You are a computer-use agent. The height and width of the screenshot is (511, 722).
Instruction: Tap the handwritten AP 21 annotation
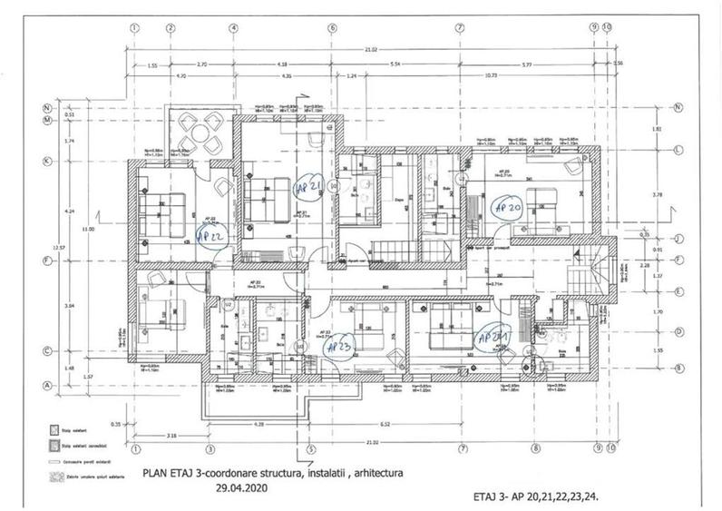[x=308, y=188]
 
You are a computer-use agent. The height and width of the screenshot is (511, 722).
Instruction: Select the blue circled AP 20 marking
[x=505, y=206]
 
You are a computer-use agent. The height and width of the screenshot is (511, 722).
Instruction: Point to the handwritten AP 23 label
[x=339, y=346]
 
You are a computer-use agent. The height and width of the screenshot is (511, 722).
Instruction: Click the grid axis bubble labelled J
[x=678, y=239]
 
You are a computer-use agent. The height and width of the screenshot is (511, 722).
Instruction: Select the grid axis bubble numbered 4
[x=233, y=27]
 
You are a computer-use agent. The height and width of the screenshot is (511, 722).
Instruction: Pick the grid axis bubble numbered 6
[x=332, y=27]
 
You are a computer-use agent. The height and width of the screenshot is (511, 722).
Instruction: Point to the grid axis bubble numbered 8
[x=534, y=448]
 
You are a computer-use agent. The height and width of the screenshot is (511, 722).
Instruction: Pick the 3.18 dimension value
[x=172, y=436]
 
